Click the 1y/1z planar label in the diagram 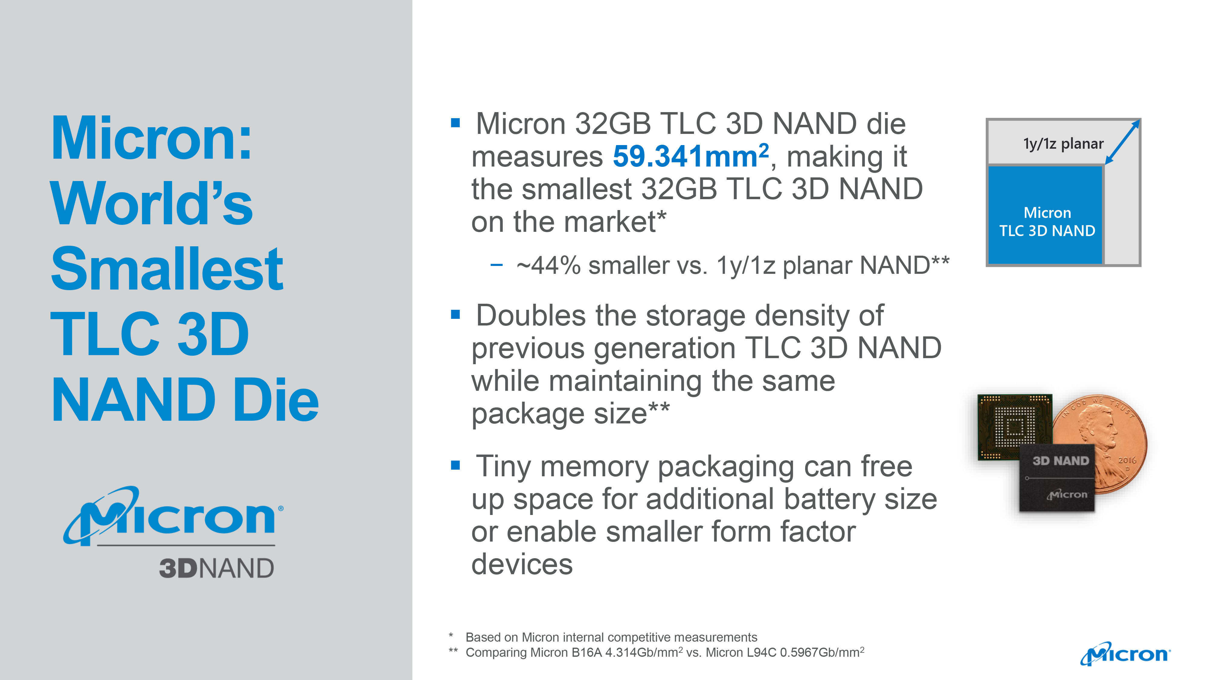click(1063, 144)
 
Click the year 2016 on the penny click(1127, 460)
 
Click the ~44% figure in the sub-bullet click(548, 266)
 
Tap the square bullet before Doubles click(455, 314)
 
